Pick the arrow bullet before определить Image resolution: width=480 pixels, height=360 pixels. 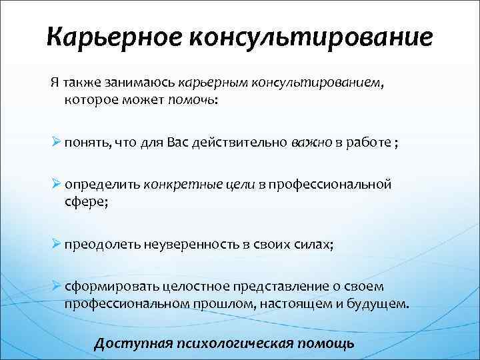tap(56, 184)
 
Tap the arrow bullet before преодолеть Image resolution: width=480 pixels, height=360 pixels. tap(56, 243)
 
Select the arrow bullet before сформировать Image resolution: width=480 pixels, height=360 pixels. tap(56, 287)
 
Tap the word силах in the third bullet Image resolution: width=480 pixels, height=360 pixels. tap(313, 244)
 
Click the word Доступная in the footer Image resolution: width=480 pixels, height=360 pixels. tap(129, 344)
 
